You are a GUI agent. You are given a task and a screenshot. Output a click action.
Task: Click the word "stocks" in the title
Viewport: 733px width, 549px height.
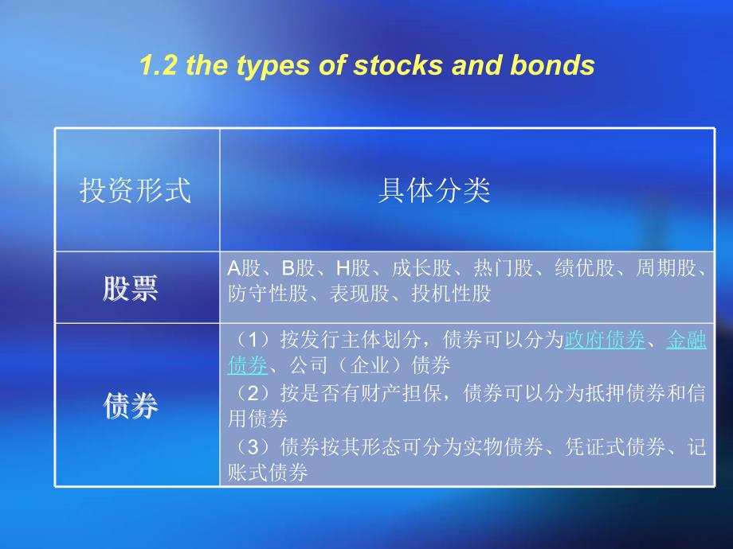398,65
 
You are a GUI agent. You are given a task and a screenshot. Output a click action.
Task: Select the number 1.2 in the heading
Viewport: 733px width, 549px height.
159,65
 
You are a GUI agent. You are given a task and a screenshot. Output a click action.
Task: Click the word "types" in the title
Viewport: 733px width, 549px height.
274,66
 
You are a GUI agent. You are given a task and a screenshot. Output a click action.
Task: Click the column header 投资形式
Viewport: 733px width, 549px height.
135,190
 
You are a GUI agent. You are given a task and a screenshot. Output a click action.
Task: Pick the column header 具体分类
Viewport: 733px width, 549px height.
434,190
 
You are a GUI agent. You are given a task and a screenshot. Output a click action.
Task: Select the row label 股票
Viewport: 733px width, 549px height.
131,288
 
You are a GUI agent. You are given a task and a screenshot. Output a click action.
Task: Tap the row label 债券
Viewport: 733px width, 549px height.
131,405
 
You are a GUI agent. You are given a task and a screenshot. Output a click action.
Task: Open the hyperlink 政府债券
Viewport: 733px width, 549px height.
605,340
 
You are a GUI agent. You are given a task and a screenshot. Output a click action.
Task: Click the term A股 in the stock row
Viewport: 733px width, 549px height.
244,268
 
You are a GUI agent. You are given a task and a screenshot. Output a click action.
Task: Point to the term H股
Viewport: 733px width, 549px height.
353,268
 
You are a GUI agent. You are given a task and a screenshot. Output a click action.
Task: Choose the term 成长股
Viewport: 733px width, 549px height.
421,268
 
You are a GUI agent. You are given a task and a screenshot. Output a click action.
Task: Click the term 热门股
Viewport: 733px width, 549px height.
503,268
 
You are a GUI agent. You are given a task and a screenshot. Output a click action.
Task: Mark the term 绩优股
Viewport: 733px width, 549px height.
584,268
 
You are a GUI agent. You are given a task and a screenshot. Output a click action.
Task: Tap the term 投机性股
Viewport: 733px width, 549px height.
451,294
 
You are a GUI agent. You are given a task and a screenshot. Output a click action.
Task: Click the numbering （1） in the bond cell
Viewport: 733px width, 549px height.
253,340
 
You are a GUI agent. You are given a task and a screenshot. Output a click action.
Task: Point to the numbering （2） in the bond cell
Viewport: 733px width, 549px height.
253,394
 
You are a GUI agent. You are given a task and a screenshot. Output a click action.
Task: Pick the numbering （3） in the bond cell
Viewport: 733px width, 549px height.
253,447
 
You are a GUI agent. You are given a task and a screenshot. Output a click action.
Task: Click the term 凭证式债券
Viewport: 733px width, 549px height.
615,447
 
